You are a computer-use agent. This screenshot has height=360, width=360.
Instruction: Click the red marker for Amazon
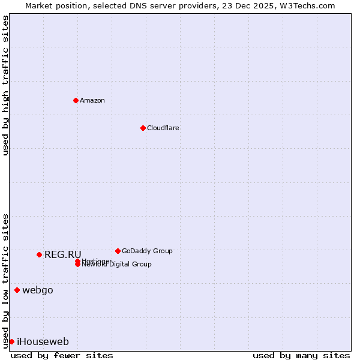point(76,100)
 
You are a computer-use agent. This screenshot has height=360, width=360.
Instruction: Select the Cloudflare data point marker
point(143,128)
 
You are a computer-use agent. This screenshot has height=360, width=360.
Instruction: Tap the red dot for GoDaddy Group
point(118,251)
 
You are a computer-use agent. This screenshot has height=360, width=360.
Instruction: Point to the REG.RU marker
point(39,254)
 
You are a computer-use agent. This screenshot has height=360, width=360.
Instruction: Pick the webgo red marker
point(17,290)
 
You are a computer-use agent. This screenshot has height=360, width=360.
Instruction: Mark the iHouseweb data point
point(11,341)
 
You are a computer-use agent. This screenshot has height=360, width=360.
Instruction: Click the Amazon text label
point(92,100)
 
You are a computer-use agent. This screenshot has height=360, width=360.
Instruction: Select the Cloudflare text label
point(163,128)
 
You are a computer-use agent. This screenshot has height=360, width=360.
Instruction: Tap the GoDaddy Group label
point(147,251)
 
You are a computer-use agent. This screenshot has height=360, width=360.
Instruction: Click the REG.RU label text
point(62,254)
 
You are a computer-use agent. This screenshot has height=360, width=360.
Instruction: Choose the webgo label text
point(37,290)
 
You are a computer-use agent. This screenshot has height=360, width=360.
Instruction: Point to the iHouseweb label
point(43,342)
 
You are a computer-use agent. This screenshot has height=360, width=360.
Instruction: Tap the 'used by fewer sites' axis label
point(62,355)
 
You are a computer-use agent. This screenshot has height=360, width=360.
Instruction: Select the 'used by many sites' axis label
point(301,355)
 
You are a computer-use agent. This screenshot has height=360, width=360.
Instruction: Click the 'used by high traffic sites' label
point(5,85)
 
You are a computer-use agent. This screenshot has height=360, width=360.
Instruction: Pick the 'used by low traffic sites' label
point(5,281)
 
